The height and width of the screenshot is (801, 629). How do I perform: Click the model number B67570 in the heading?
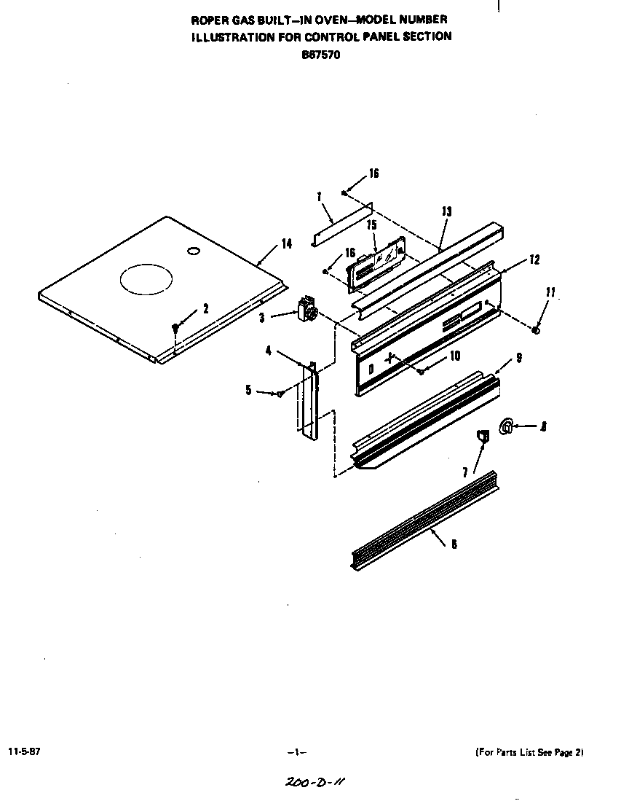pos(321,52)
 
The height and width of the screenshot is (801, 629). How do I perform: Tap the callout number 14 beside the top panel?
pos(287,244)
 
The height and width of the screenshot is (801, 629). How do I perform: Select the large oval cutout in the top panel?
pos(147,280)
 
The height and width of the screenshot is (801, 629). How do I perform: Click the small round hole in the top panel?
pos(193,251)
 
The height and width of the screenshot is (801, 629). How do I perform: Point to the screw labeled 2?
pos(175,327)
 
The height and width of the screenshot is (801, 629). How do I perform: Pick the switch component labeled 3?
pos(307,310)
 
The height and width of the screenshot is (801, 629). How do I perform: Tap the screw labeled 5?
pos(279,394)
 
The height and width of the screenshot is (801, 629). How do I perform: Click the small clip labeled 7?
pos(481,437)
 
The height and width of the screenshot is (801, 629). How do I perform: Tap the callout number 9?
pos(519,358)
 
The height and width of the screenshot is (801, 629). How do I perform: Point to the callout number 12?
pos(534,259)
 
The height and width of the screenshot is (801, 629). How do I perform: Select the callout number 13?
pos(446,211)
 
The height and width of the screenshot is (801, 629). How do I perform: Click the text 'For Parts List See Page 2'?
pos(529,751)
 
